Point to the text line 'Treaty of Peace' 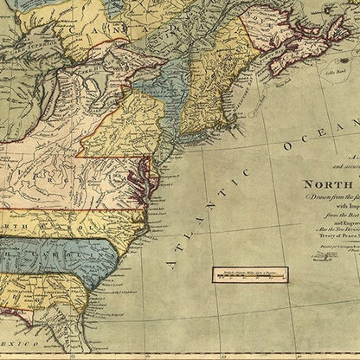click(x=332, y=250)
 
